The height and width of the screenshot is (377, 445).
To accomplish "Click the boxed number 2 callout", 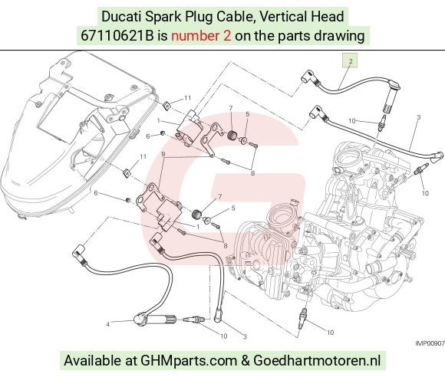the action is [350, 61].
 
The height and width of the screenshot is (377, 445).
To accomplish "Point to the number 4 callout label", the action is [107, 324].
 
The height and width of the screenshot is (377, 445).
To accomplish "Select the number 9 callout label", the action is [163, 154].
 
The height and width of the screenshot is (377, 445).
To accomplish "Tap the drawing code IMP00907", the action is [430, 343].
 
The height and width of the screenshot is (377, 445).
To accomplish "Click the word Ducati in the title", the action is [121, 16].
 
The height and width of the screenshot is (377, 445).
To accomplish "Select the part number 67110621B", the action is [117, 36].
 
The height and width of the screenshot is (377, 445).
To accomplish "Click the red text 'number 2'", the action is [201, 36].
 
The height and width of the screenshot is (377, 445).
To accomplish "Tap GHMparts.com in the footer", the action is [189, 361].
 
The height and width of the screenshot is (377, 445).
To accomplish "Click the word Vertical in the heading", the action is [283, 16].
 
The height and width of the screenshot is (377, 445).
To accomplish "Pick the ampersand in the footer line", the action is [246, 361].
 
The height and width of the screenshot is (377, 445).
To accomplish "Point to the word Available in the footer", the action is [92, 361].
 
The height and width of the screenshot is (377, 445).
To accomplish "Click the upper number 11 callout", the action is [188, 98].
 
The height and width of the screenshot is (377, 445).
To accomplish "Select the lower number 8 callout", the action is [226, 246].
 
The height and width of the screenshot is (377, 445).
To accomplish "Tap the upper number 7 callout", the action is [231, 108].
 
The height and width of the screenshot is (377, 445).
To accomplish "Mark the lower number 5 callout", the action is [233, 208].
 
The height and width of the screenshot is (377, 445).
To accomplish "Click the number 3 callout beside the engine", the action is [418, 117].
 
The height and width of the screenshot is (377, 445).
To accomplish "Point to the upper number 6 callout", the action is [148, 136].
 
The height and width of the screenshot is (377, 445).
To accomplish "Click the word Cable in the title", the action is [235, 16].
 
